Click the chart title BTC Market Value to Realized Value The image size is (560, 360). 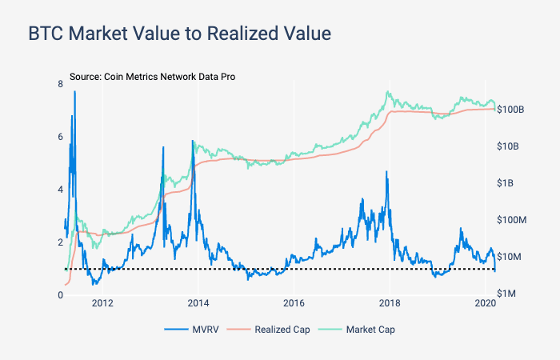pos(179,34)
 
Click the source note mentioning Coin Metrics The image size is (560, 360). pos(152,77)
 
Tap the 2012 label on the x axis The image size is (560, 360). pos(102,303)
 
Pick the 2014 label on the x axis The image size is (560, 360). pos(198,303)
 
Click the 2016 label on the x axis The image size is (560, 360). pos(294,303)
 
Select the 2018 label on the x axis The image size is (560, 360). pos(390,303)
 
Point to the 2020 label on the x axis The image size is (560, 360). pos(486,303)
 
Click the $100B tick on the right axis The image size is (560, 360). pos(510,109)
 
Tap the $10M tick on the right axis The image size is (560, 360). pos(510,257)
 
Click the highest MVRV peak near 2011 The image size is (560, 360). pos(75,92)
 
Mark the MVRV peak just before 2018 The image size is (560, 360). pos(386,172)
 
